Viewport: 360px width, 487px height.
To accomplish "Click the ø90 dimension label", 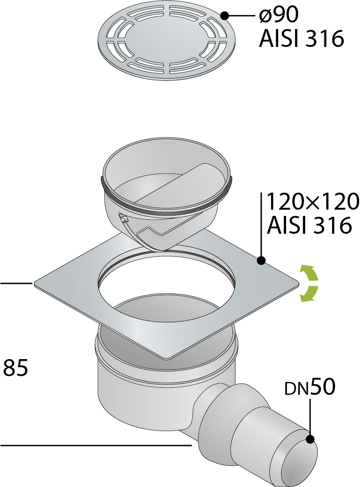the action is (x=279, y=15).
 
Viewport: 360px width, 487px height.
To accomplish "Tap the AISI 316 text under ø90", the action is (x=301, y=39).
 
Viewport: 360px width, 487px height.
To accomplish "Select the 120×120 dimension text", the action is (x=313, y=202).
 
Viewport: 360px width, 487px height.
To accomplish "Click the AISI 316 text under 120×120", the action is (x=310, y=225).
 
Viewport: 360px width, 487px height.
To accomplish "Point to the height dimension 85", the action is (x=15, y=367).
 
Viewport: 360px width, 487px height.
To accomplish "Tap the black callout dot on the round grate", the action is (x=224, y=15).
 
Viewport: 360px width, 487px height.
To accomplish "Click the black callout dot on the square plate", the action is (x=261, y=260).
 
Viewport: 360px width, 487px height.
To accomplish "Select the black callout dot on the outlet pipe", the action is (x=310, y=439).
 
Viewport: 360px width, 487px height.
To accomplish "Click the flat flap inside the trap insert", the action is (x=183, y=183).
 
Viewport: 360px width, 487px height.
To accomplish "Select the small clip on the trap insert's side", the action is (x=123, y=218).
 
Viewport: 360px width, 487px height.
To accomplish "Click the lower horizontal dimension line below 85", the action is (x=96, y=445).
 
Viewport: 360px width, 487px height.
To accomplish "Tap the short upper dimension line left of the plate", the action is (x=17, y=283).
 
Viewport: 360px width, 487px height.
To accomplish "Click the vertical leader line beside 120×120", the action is (x=261, y=224).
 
